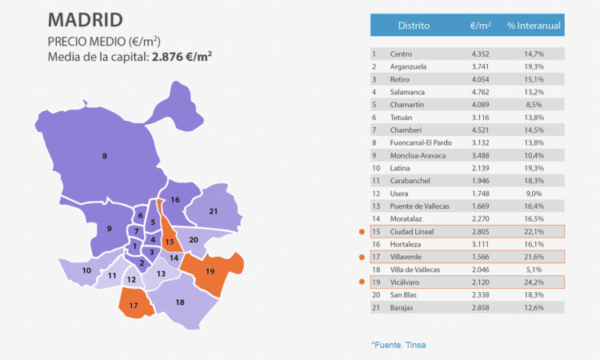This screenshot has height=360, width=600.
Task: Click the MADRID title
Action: click(86, 19)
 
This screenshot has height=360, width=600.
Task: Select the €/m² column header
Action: click(481, 26)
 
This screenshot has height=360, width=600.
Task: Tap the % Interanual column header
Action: click(534, 26)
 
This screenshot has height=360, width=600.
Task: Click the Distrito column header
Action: click(414, 26)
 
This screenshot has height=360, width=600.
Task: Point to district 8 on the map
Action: click(105, 156)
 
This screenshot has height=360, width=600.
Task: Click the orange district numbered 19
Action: click(210, 271)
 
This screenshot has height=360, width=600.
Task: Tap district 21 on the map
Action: click(213, 211)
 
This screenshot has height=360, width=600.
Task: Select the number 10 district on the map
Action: click(86, 270)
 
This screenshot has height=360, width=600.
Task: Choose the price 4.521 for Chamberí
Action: click(481, 130)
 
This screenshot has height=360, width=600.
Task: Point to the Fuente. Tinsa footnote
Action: click(398, 345)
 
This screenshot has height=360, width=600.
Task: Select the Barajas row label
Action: click(402, 307)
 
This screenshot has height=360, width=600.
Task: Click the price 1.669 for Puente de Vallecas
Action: click(481, 206)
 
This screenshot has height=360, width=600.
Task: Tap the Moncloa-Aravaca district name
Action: click(418, 155)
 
